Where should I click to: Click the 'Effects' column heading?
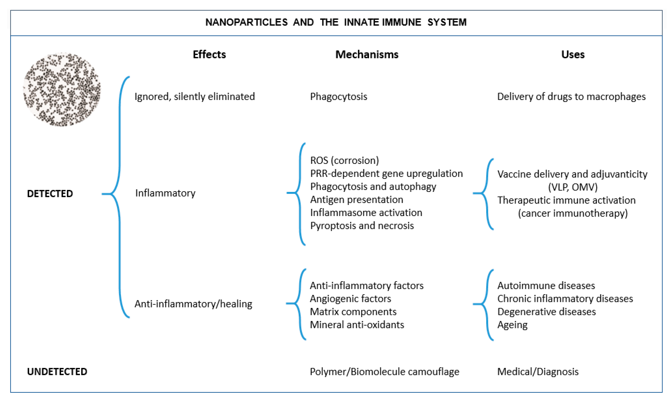209,55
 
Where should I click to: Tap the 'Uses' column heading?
573,55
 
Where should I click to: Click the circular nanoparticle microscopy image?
62,89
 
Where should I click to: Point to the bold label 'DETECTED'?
50,194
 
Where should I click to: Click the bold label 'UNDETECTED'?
57,372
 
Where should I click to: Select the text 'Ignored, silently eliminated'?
195,97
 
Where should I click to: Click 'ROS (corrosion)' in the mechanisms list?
344,160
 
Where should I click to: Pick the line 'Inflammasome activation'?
366,213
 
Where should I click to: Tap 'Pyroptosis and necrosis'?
362,226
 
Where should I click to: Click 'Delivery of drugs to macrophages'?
571,97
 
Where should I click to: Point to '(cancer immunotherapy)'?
573,213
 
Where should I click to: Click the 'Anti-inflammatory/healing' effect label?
193,304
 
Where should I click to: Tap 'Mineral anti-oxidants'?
357,325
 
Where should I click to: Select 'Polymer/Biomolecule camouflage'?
384,372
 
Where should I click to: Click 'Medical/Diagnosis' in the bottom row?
537,372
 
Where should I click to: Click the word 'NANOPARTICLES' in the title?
246,22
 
